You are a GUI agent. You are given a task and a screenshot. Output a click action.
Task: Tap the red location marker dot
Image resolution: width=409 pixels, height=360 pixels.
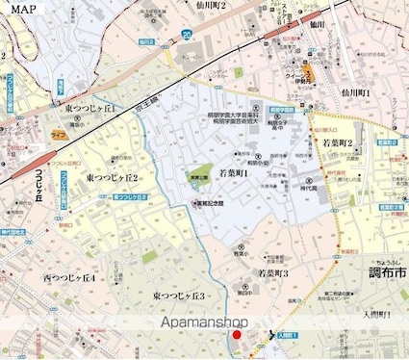238,334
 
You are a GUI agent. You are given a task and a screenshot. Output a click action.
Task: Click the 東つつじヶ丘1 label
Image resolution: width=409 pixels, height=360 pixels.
91,111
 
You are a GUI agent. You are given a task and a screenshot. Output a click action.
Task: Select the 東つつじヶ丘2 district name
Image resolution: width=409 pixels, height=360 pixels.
112,178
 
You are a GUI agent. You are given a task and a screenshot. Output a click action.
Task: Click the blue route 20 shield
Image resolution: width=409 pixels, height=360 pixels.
185,35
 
